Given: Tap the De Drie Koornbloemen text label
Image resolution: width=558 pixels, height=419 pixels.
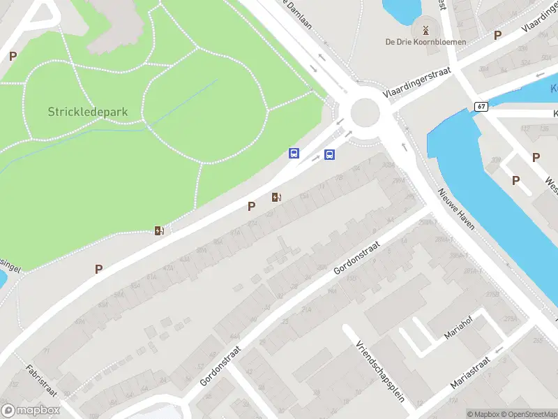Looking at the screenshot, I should click(x=425, y=42).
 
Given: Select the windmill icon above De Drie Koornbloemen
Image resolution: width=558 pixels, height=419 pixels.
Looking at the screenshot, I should click(x=425, y=29).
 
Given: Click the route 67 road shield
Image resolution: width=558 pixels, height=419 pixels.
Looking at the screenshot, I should click(x=482, y=107).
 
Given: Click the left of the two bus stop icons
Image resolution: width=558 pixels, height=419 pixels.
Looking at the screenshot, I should click(x=294, y=153).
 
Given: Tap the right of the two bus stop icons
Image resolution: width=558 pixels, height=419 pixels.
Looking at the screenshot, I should click(x=329, y=154).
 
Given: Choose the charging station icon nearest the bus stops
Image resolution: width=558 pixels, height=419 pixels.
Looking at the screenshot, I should click(x=277, y=198).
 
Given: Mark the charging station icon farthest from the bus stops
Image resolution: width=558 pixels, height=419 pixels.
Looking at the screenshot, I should click(x=160, y=231).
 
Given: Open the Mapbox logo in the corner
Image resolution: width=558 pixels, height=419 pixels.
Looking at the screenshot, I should click(x=31, y=411).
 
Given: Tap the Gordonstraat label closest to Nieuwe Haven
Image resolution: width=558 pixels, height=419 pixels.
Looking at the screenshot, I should click(x=356, y=259).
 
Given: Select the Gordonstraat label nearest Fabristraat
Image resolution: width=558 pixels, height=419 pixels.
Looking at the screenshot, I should click(x=220, y=367).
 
